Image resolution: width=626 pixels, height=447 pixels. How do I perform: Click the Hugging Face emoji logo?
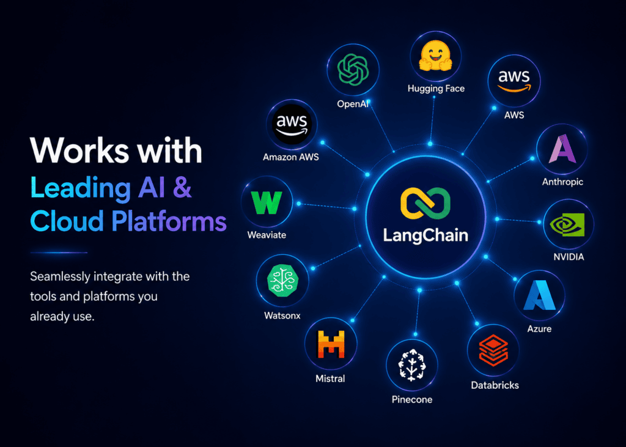(x=435, y=55)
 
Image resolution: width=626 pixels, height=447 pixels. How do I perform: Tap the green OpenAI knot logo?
(x=353, y=70)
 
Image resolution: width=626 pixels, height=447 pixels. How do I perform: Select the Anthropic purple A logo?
(x=562, y=149)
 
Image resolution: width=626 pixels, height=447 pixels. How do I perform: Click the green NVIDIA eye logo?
(x=567, y=224)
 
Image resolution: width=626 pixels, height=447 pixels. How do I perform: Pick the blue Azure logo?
(x=539, y=295)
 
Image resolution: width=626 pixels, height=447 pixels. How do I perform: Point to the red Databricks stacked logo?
(x=493, y=350)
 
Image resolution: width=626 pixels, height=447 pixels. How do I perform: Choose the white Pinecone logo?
(x=412, y=364)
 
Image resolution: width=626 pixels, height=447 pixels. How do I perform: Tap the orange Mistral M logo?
(x=331, y=344)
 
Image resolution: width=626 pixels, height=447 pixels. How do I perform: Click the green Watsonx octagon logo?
(x=282, y=281)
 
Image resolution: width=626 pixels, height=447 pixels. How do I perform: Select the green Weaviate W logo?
(x=267, y=202)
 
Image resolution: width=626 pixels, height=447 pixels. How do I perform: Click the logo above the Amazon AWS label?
(x=292, y=124)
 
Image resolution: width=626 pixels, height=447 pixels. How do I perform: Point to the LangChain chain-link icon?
(x=425, y=204)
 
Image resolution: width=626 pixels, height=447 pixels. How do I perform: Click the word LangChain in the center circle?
(x=425, y=235)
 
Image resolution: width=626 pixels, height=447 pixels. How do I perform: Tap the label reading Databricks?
(x=495, y=385)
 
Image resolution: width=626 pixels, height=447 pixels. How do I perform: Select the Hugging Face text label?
(x=436, y=89)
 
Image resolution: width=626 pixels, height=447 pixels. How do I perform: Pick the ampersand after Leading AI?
(x=182, y=187)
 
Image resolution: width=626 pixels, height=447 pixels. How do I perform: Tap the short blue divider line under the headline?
(x=59, y=253)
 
